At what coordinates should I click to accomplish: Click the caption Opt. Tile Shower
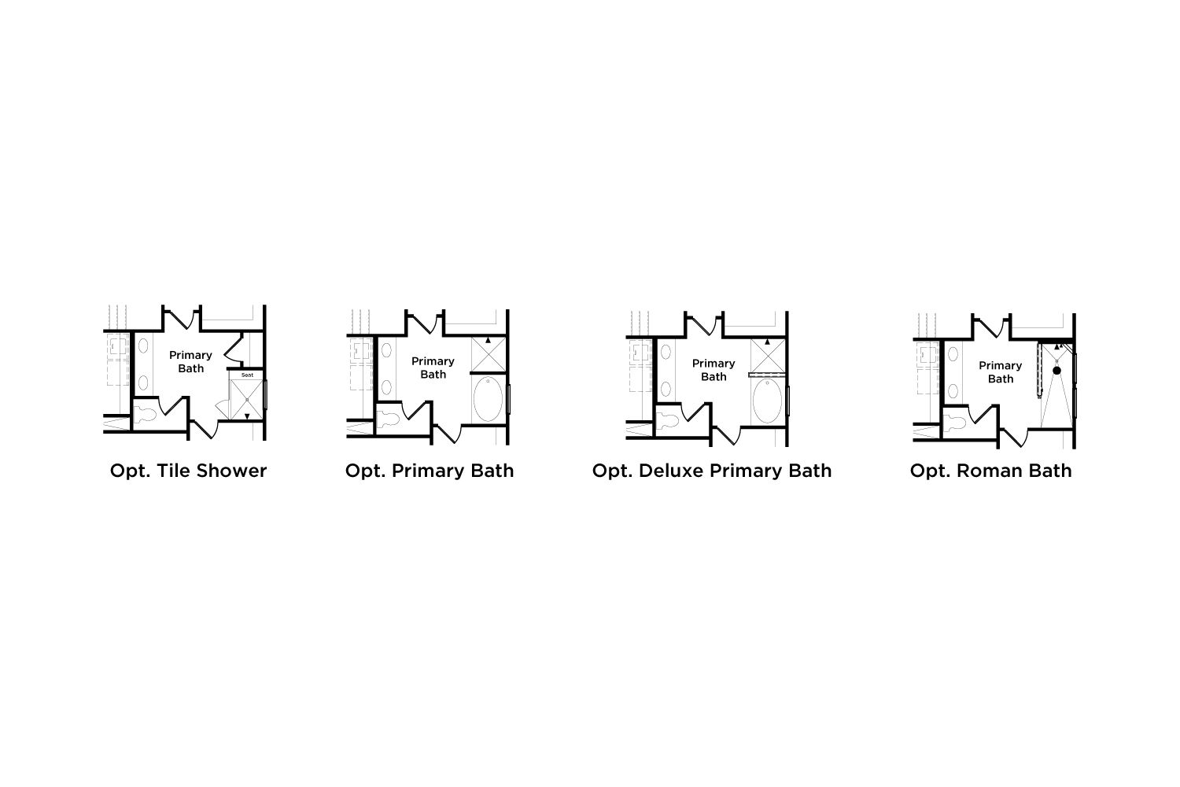(x=188, y=471)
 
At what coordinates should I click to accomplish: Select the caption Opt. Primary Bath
(x=430, y=471)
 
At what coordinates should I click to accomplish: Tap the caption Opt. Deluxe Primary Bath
(x=712, y=471)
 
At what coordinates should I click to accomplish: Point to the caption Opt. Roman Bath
(x=991, y=471)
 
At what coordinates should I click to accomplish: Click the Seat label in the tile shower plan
(x=247, y=375)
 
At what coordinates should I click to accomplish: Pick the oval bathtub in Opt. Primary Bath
(x=488, y=399)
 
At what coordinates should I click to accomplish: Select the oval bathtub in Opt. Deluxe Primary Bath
(x=767, y=401)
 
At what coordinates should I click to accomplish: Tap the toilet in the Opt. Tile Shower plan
(x=146, y=414)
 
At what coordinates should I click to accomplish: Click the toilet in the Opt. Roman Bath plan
(x=955, y=423)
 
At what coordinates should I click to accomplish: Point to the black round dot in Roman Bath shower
(x=1056, y=371)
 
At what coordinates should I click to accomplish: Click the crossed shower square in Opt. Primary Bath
(x=489, y=354)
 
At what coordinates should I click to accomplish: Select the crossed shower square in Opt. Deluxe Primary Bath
(x=768, y=356)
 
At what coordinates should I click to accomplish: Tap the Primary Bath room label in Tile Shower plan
(x=190, y=361)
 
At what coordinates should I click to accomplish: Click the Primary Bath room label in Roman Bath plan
(x=1001, y=372)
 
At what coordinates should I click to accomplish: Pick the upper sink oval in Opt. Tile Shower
(x=142, y=345)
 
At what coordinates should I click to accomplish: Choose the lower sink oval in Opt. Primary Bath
(x=386, y=387)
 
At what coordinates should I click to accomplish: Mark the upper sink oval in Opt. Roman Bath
(x=953, y=353)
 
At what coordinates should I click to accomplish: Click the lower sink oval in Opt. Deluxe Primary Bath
(x=666, y=389)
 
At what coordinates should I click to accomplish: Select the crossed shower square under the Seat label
(x=246, y=399)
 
